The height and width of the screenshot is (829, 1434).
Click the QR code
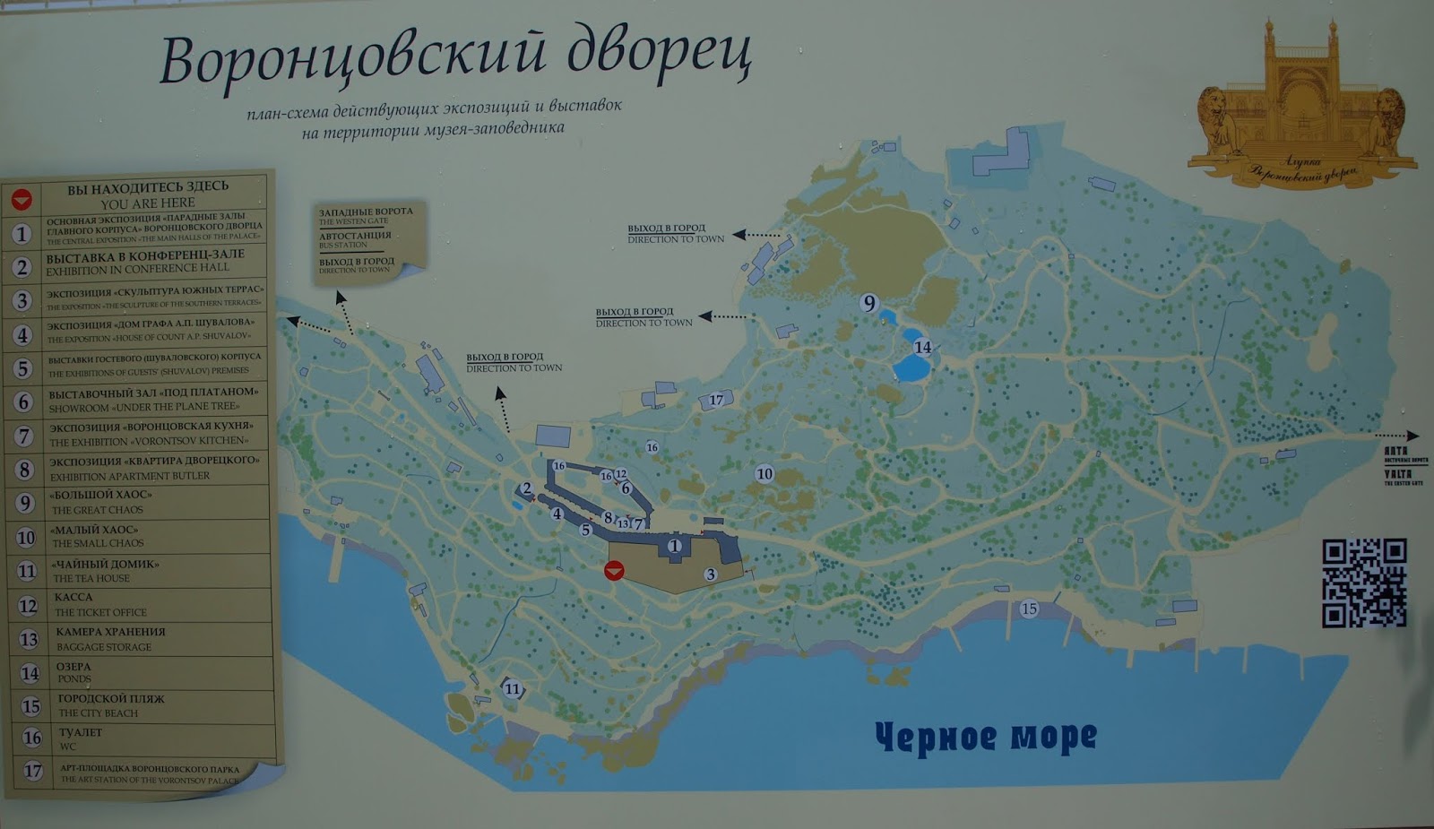click(1364, 583)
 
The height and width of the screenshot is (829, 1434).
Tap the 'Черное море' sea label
click(985, 737)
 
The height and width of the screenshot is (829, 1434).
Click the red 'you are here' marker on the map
click(614, 570)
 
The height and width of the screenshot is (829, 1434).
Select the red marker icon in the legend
click(22, 199)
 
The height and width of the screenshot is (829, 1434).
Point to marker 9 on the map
click(868, 303)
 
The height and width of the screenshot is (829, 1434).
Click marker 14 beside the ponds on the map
click(922, 347)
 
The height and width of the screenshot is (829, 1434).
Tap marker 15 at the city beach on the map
click(1029, 609)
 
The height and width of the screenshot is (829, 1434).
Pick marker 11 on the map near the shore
click(512, 688)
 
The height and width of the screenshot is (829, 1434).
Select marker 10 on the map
click(764, 473)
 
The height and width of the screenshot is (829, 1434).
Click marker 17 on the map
click(716, 400)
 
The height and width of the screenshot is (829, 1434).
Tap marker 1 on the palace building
click(674, 545)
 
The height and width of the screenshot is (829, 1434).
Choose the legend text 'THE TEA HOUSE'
click(91, 578)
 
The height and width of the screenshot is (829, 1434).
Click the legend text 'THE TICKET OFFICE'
click(100, 612)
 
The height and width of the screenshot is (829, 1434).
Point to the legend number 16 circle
click(32, 738)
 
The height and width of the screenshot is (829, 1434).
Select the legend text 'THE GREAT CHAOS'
click(98, 510)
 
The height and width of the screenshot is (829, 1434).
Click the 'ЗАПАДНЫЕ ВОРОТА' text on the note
click(366, 212)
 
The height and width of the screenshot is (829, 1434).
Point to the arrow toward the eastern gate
click(1398, 436)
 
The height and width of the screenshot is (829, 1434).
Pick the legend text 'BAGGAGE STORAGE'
click(104, 646)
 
